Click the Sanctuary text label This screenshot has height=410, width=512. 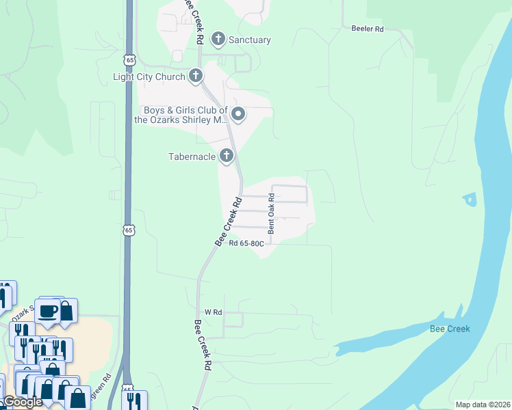(249, 40)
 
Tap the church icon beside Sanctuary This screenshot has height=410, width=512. (218, 39)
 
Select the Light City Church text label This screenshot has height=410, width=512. (149, 77)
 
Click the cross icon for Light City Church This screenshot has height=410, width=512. (196, 76)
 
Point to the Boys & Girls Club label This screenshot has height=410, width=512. (184, 115)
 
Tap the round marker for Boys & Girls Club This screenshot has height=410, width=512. (238, 114)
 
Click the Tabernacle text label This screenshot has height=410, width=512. (192, 156)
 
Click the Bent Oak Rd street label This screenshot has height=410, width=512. (272, 214)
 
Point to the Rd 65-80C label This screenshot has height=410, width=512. (246, 243)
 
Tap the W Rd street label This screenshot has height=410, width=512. (214, 312)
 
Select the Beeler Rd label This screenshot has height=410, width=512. (368, 29)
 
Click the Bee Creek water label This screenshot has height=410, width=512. (450, 329)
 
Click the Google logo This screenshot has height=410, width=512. (23, 402)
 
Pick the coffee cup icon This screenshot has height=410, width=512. (48, 311)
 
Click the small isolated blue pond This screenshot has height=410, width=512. (470, 200)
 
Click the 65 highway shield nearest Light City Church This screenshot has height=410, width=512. (129, 56)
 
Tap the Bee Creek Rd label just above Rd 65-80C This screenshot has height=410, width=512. (229, 222)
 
